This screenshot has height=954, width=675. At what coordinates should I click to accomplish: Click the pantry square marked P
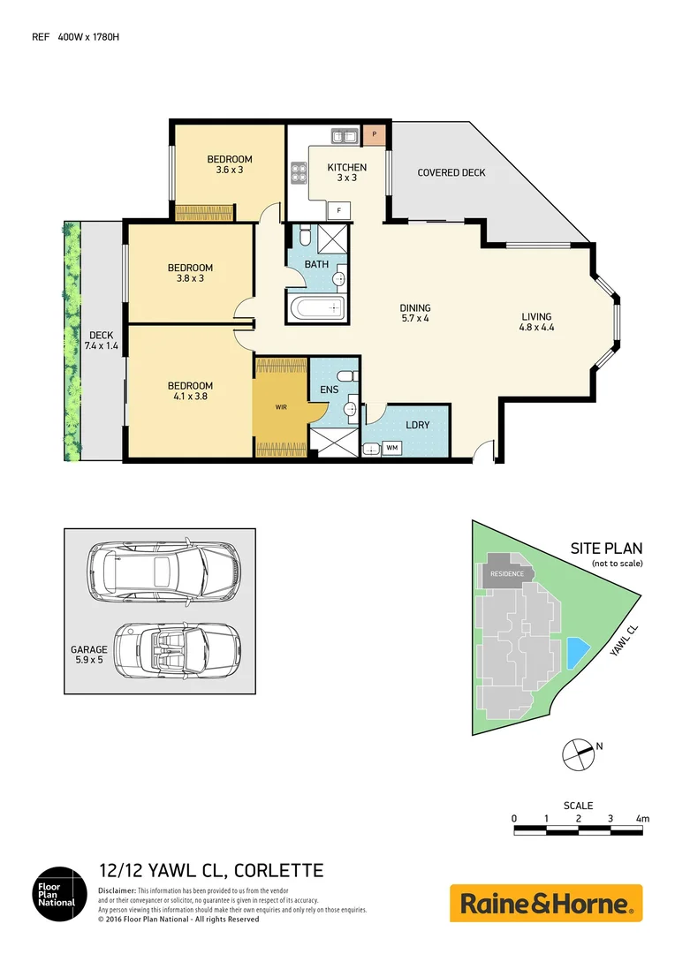tap(375, 134)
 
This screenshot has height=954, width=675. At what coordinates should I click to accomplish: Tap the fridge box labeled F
tap(338, 210)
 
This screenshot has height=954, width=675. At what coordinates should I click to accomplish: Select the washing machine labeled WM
tap(391, 449)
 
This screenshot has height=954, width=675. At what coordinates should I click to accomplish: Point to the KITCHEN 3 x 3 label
tap(346, 172)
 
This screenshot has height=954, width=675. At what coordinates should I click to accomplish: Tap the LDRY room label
tap(417, 425)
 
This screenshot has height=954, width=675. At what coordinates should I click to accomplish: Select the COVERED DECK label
tap(451, 172)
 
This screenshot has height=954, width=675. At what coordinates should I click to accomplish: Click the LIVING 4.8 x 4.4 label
tap(536, 322)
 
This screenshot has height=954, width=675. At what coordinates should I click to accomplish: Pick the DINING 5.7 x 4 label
tap(414, 314)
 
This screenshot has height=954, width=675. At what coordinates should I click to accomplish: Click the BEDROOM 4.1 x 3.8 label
tap(191, 391)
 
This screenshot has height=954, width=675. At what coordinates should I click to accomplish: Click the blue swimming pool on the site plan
tap(577, 653)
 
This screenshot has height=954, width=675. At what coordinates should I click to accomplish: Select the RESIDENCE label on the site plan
tap(507, 574)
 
